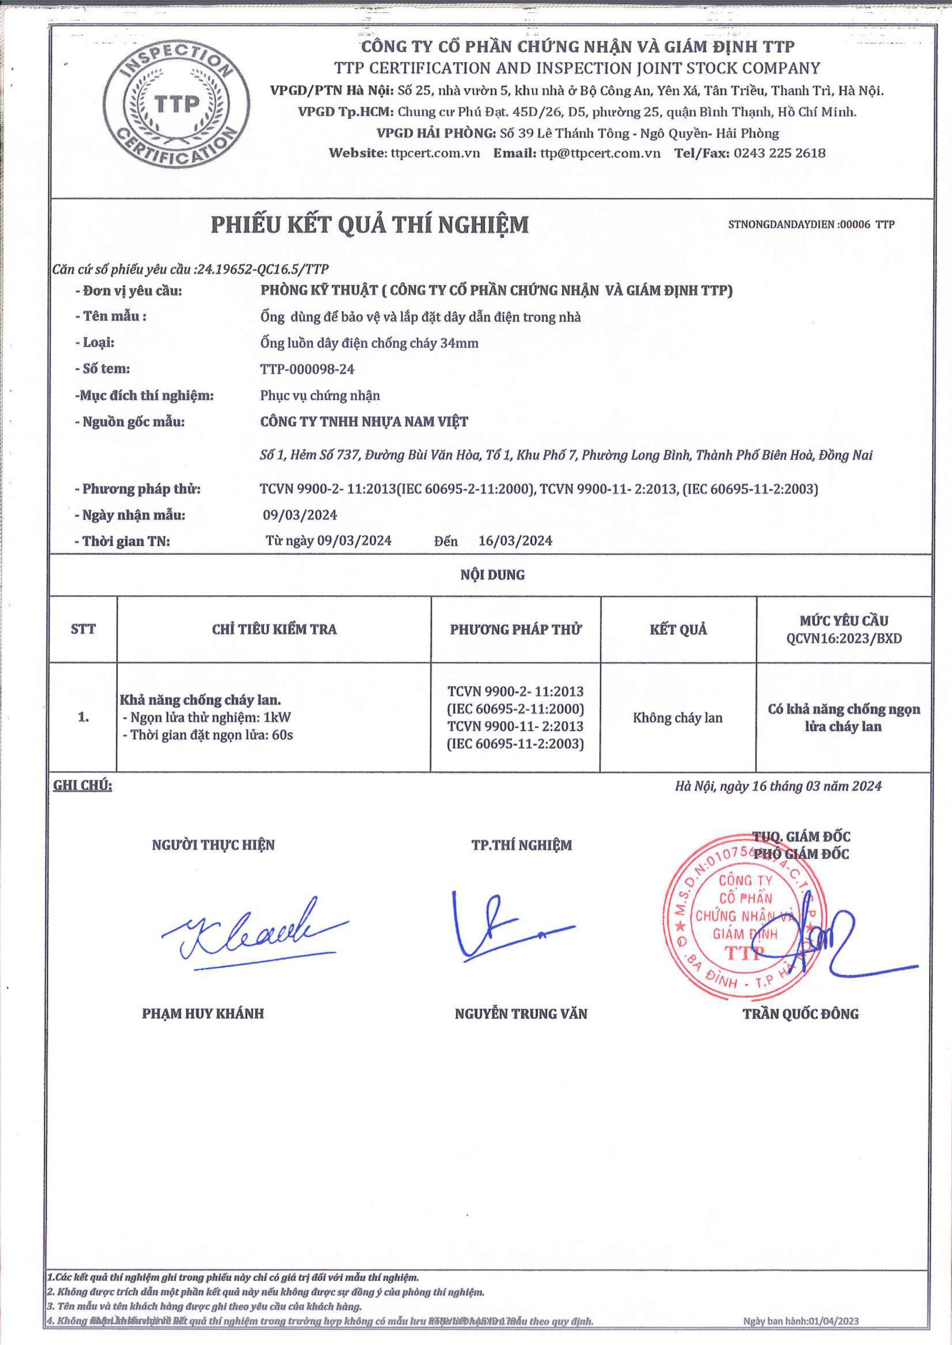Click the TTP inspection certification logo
(177, 106)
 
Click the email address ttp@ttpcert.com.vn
(600, 153)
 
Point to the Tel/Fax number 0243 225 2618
(779, 153)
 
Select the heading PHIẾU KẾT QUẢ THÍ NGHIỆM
(370, 225)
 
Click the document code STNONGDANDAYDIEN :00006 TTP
(811, 224)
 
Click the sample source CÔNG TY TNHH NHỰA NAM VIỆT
(364, 422)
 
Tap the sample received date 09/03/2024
(300, 515)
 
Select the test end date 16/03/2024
(515, 541)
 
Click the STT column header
(83, 630)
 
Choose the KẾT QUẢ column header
(678, 630)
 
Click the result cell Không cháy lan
(678, 718)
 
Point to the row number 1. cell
(83, 718)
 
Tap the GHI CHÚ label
(83, 786)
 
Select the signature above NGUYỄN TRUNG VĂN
(504, 926)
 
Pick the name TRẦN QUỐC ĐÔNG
(801, 1014)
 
